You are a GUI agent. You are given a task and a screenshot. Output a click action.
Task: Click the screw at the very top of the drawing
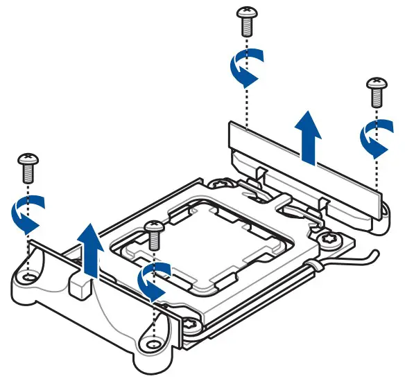click(x=245, y=20)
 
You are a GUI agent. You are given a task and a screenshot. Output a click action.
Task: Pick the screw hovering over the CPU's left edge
click(x=152, y=234)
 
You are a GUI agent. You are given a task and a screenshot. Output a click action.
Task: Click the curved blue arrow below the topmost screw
click(x=245, y=66)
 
